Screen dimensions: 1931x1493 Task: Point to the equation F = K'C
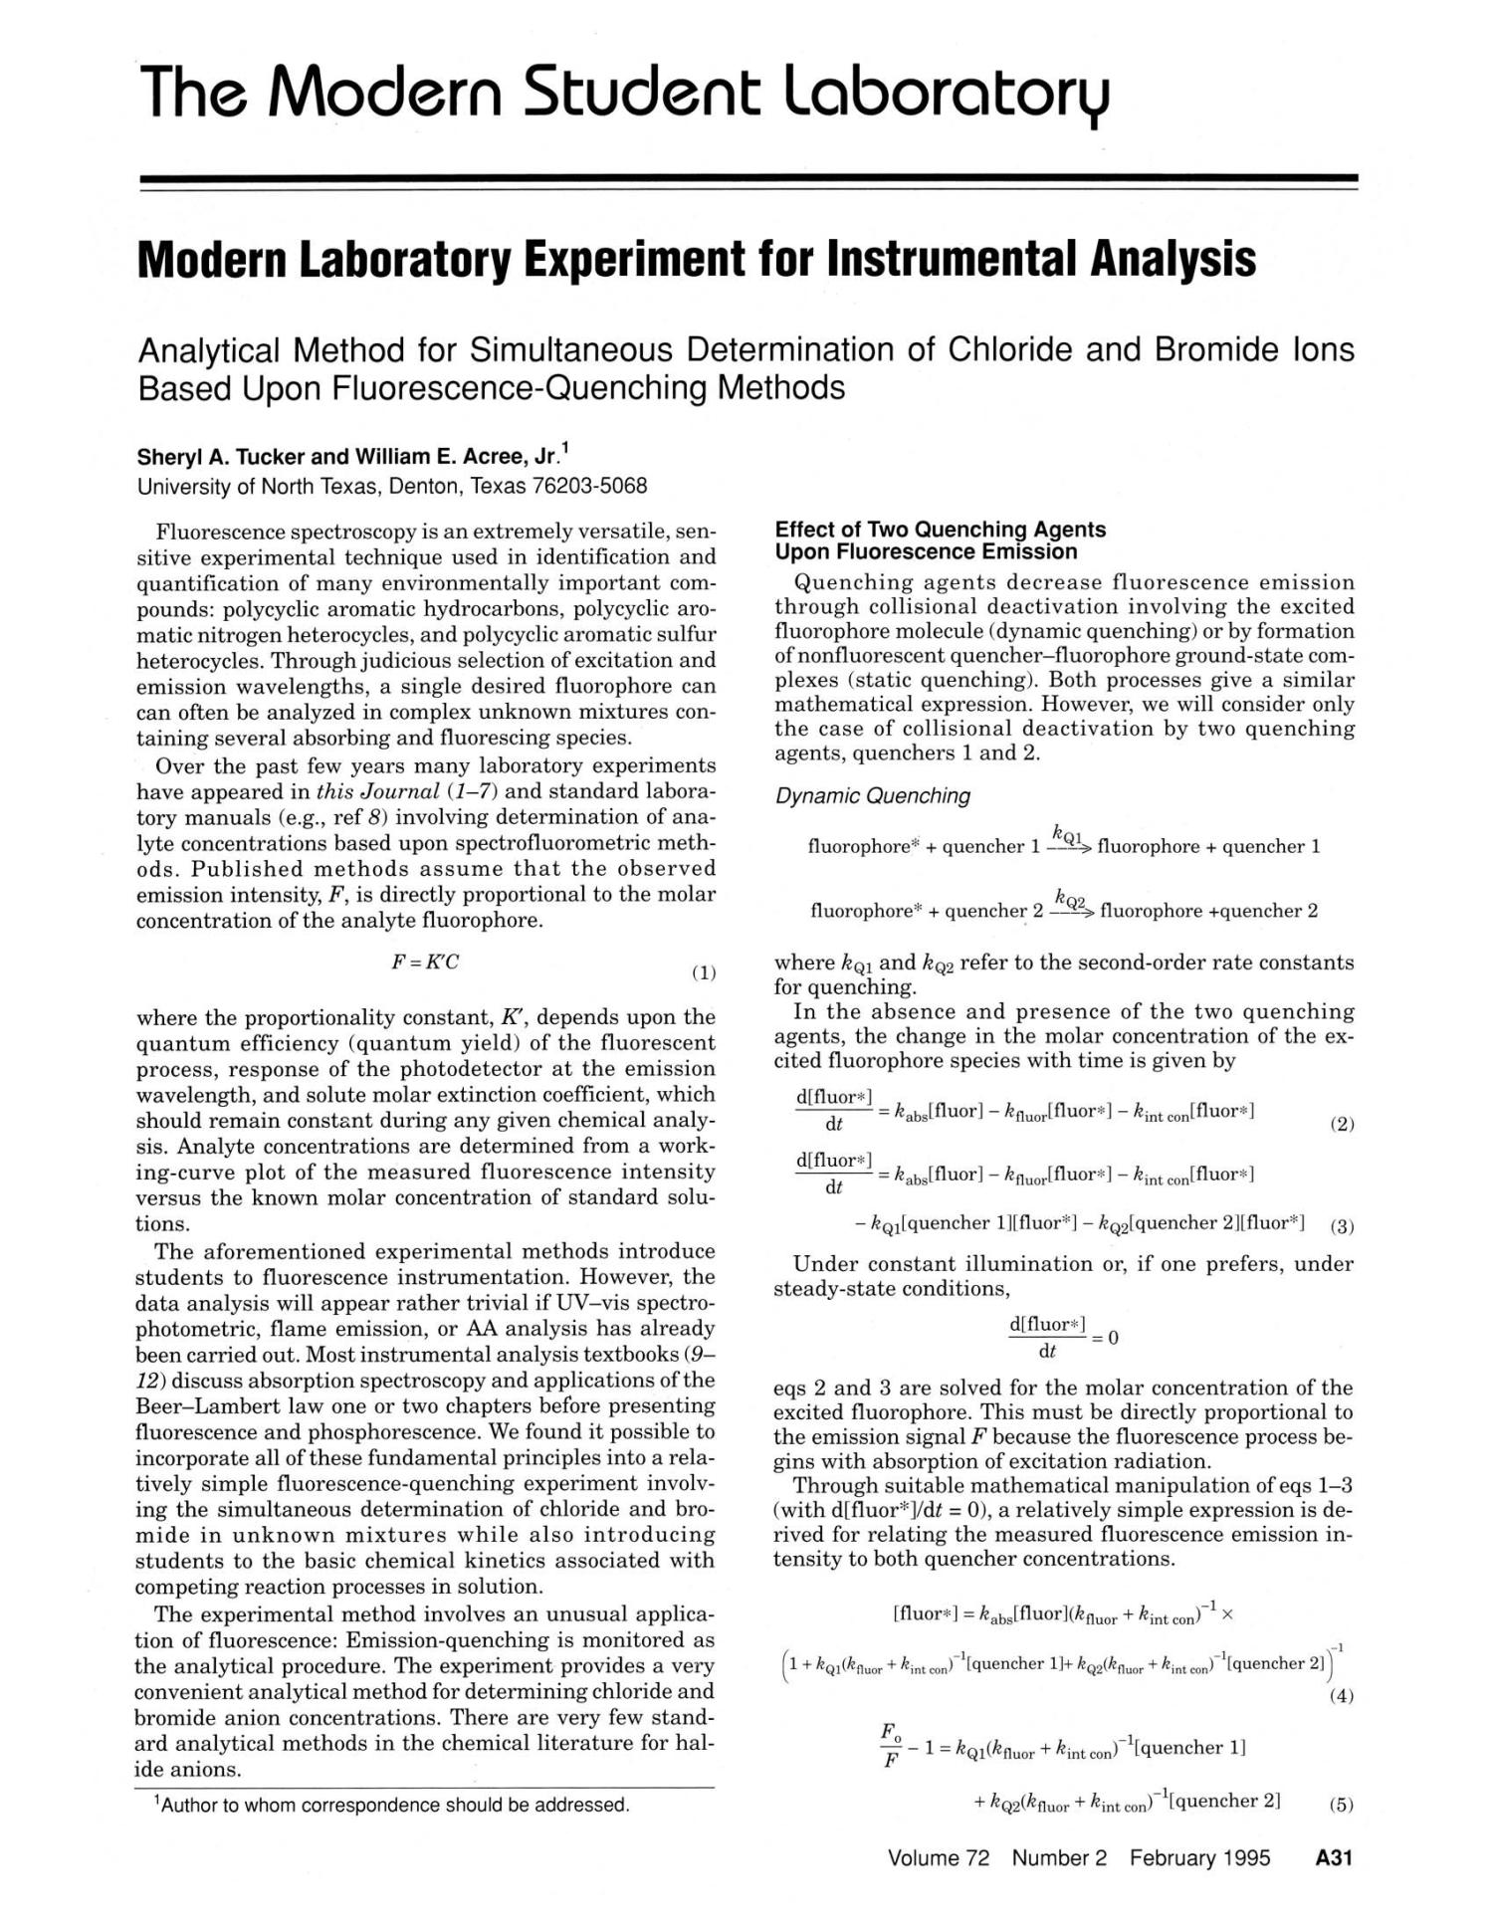[x=425, y=963]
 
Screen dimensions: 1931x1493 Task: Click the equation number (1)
[x=703, y=972]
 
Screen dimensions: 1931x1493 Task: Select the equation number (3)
[x=1342, y=1226]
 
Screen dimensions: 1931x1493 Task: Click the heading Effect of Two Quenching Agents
[x=940, y=530]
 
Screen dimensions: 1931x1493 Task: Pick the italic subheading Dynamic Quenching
[x=872, y=796]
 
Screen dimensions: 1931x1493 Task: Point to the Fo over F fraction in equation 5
[x=890, y=1748]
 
